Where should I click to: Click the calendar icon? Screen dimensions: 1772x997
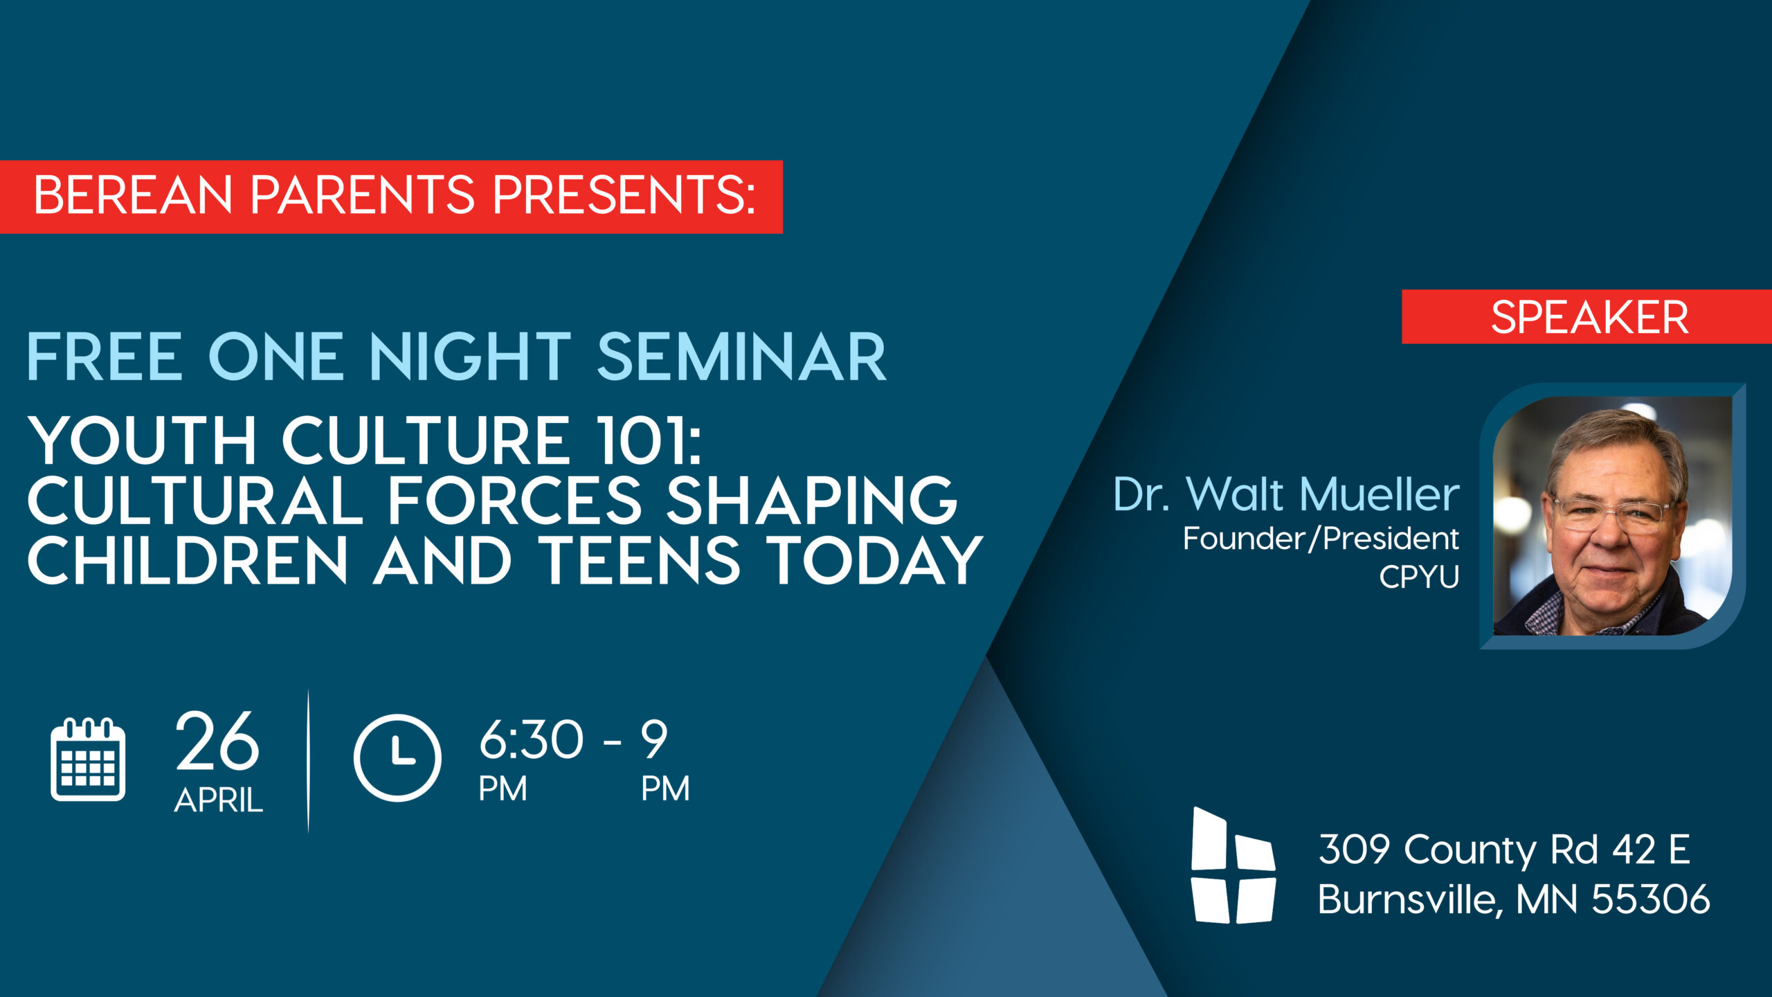click(x=88, y=760)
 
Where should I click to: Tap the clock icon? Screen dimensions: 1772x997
click(x=397, y=758)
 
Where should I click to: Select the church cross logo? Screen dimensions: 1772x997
click(x=1233, y=865)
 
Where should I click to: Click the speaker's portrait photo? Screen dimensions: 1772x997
click(x=1613, y=516)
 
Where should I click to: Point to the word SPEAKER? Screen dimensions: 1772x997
click(x=1589, y=318)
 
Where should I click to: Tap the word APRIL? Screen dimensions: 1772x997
click(x=219, y=800)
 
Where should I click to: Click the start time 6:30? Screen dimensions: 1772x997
click(x=532, y=739)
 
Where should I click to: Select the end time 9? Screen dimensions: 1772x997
click(x=654, y=739)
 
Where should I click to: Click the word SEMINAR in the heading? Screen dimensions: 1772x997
click(x=741, y=357)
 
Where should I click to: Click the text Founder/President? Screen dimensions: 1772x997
click(x=1321, y=539)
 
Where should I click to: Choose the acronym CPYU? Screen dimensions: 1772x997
click(x=1419, y=577)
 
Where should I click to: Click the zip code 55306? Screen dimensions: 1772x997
click(x=1651, y=899)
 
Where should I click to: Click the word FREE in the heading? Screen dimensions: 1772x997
click(x=105, y=357)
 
